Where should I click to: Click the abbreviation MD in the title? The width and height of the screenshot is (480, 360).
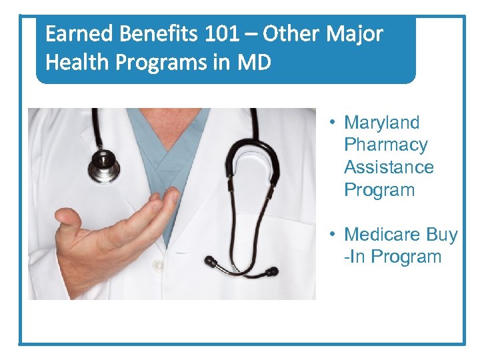[257, 63]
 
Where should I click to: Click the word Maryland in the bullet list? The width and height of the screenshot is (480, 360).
[381, 123]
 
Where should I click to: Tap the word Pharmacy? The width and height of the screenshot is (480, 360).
[385, 145]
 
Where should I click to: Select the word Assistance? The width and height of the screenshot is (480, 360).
[389, 167]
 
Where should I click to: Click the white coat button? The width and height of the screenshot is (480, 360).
[159, 265]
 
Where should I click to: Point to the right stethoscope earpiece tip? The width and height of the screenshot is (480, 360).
[271, 271]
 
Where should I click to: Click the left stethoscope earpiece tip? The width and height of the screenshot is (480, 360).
[211, 261]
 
